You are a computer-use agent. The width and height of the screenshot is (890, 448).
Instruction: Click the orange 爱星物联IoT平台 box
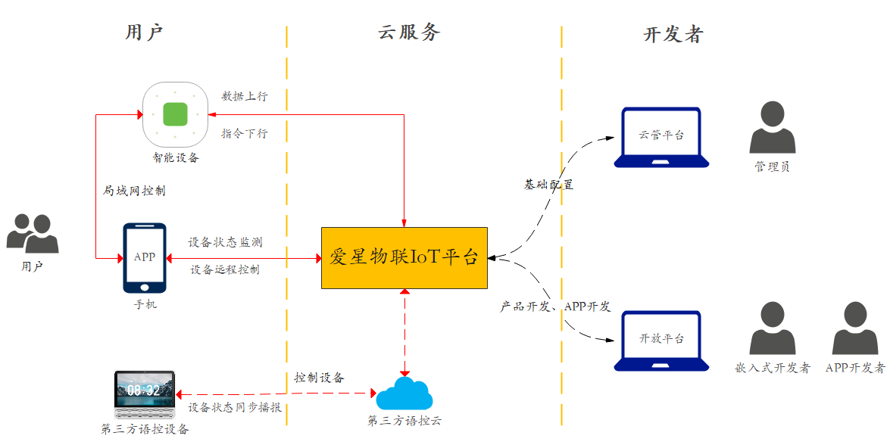(404, 257)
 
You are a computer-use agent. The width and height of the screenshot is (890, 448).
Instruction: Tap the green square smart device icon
(175, 114)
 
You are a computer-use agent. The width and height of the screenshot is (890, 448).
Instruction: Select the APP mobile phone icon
(145, 257)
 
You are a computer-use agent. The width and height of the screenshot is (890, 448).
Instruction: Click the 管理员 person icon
(772, 128)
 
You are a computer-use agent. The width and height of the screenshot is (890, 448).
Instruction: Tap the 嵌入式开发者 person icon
(772, 329)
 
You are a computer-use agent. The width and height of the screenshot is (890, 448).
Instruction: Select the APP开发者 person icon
(854, 329)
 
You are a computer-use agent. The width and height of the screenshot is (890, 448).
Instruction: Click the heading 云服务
(409, 33)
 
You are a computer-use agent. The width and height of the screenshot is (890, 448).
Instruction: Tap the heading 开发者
(673, 34)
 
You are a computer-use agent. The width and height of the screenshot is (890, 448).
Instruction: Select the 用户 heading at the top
(145, 33)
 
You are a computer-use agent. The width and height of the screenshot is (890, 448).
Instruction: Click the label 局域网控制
(134, 191)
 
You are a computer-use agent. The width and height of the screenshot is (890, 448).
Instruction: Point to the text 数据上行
(244, 96)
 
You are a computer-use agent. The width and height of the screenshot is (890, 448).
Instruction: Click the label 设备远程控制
(225, 269)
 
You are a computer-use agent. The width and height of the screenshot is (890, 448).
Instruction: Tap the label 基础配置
(548, 185)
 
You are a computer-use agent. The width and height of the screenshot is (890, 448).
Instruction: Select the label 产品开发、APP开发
(555, 306)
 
